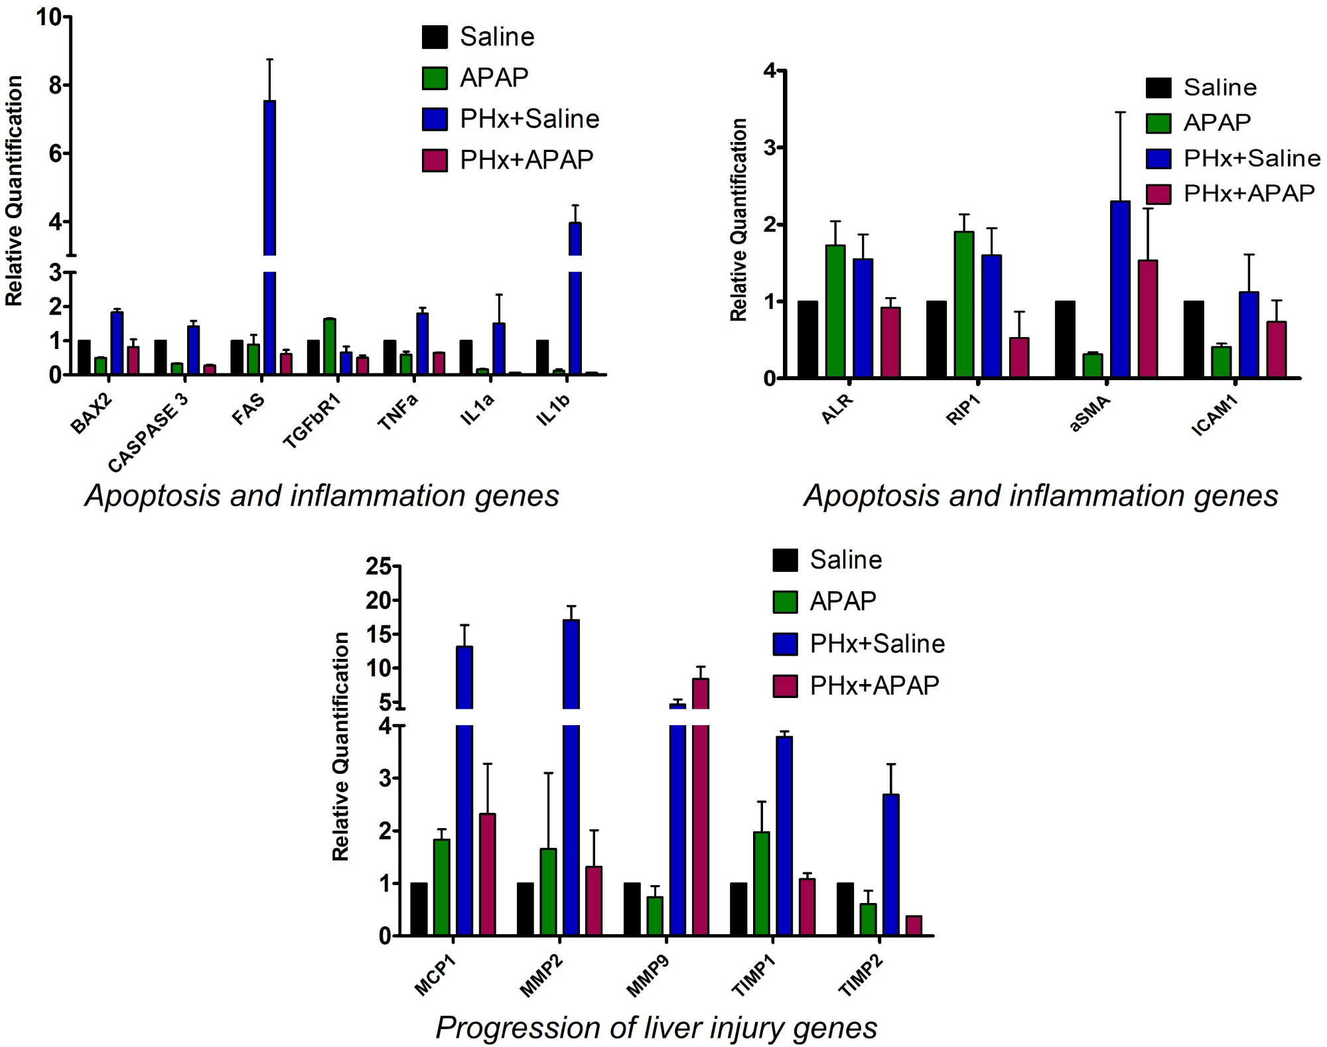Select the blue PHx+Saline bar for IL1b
[575, 299]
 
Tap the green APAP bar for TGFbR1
[330, 346]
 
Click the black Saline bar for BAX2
[84, 358]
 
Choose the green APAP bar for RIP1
[964, 305]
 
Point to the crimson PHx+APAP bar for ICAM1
[1277, 350]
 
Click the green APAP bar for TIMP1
[762, 883]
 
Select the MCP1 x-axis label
[435, 975]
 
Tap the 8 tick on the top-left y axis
[55, 85]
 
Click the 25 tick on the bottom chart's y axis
[378, 566]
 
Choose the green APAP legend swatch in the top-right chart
[1158, 123]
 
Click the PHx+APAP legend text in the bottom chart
[874, 685]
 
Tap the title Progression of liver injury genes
[656, 1028]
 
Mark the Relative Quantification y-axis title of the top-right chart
[738, 220]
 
